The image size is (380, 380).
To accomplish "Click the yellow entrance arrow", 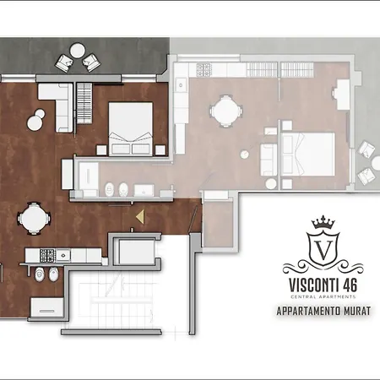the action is point(140,217).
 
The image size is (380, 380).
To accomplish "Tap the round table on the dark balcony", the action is point(77,51).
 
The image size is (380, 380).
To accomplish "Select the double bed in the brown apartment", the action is point(131,128).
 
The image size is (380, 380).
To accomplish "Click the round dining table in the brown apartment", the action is point(34,218).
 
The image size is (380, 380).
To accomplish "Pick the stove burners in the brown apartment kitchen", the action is point(46,255).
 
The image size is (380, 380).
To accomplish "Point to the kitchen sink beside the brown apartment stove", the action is point(63,255).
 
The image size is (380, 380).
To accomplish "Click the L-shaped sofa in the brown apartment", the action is point(56,107).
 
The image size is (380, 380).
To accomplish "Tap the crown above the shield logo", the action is point(323,222).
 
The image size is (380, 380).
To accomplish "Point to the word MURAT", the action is point(357,311).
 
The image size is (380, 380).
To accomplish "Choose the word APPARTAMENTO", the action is point(309,311).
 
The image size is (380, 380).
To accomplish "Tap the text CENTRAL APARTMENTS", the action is point(323,296).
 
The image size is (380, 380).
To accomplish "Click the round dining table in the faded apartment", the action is point(225,111).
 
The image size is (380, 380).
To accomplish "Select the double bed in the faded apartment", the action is point(307,154).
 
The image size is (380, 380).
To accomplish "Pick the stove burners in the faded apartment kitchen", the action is point(204,70).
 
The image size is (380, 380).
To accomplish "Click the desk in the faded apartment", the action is point(344,95).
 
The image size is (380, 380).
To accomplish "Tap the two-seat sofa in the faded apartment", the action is point(269,160).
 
